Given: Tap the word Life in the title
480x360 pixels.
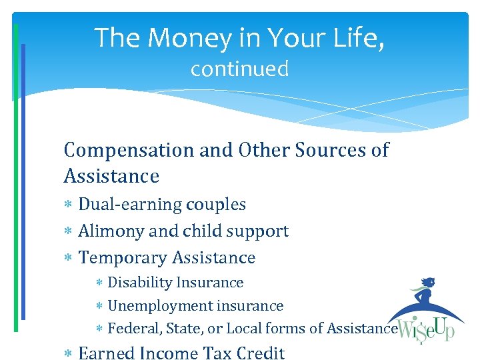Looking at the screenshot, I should [361, 38].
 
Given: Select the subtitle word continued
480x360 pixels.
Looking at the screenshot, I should [239, 69].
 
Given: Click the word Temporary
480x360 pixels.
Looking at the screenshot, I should [123, 258].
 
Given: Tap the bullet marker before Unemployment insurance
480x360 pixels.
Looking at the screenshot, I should [99, 307].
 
